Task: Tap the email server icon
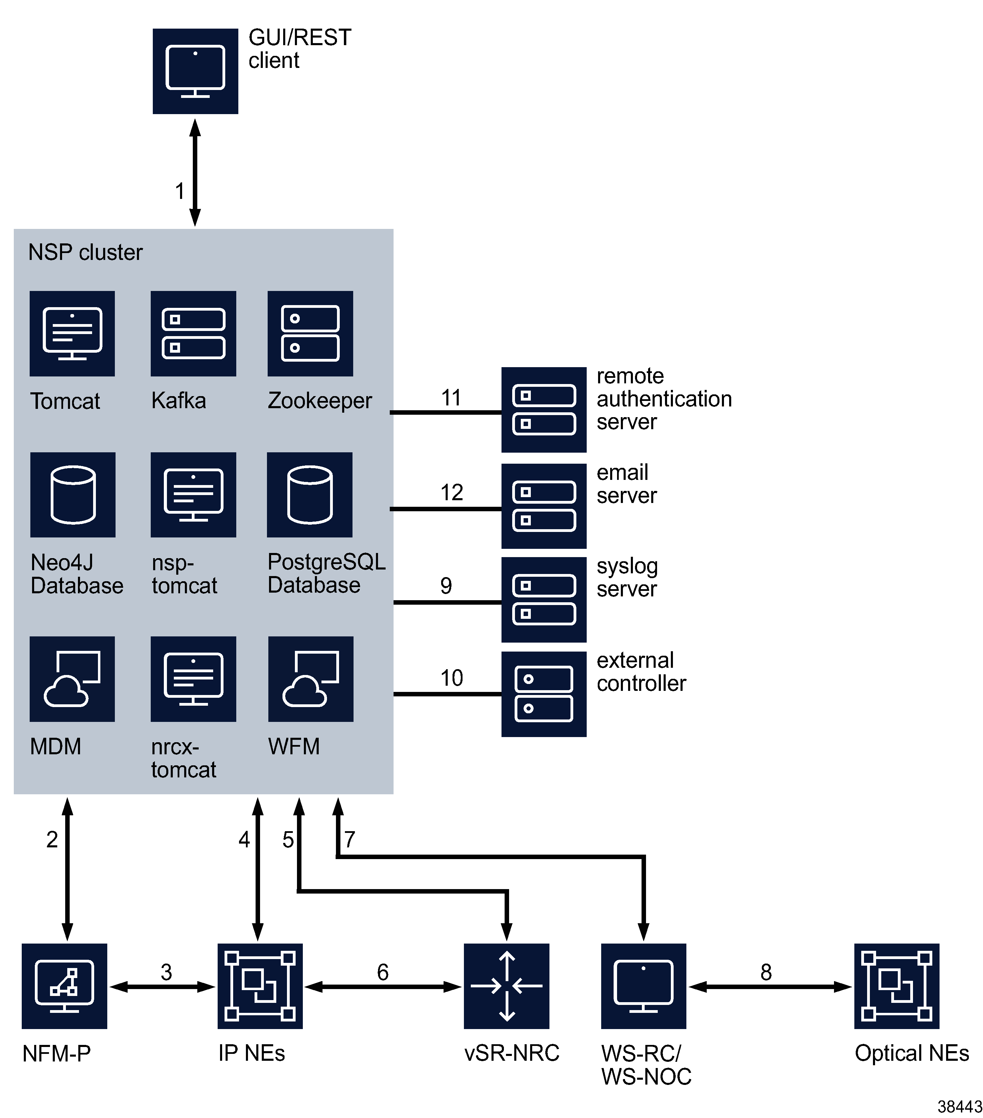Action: [x=544, y=506]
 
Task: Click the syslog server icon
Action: [x=544, y=600]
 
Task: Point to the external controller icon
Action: [x=544, y=694]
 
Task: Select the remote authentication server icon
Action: [x=544, y=410]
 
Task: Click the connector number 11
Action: [x=451, y=397]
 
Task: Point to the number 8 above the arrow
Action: [x=766, y=972]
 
